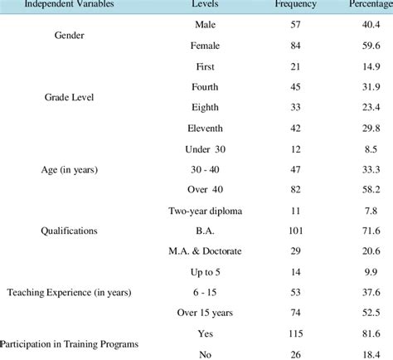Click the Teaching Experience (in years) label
(x=70, y=292)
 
